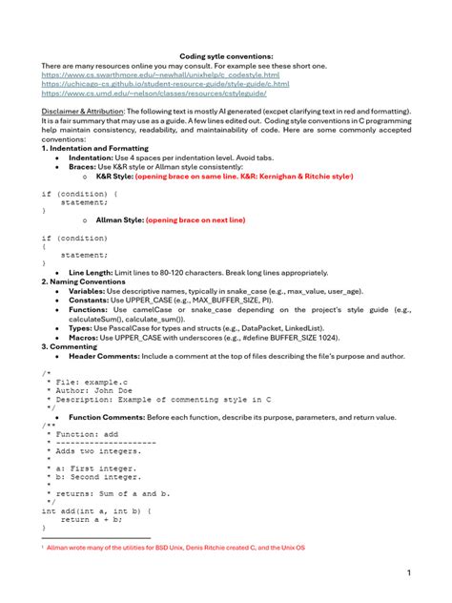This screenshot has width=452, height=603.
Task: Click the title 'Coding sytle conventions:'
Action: point(226,56)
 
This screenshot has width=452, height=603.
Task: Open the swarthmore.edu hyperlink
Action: point(160,74)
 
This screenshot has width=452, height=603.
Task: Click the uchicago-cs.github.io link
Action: point(166,84)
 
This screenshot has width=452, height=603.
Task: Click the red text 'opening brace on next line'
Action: point(195,219)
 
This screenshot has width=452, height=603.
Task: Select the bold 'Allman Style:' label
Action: point(119,219)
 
